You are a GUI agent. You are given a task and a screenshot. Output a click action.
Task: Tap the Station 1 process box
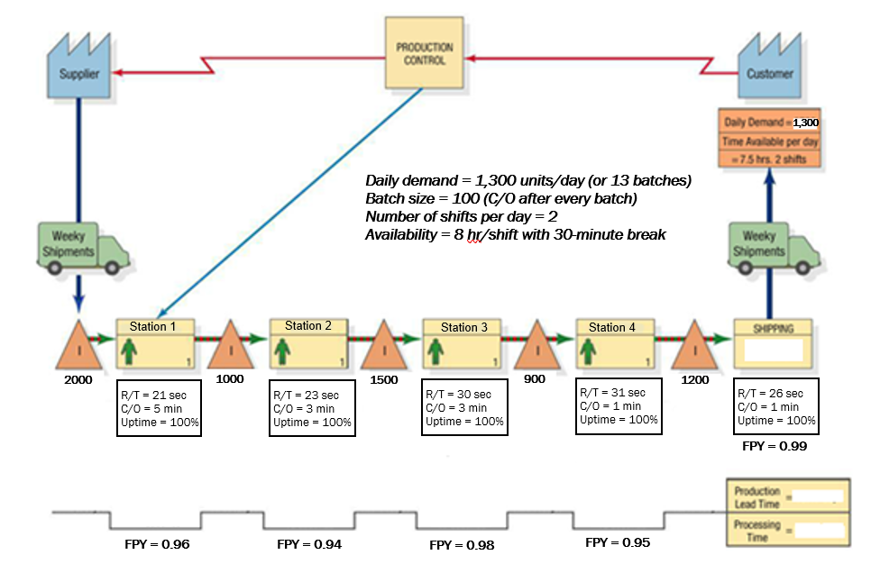pyautogui.click(x=155, y=343)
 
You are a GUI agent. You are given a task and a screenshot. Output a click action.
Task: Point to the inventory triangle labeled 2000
pyautogui.click(x=79, y=343)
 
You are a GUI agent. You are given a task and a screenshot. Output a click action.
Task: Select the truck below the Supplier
pyautogui.click(x=78, y=247)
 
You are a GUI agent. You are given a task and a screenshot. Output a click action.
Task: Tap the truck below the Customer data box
pyautogui.click(x=769, y=247)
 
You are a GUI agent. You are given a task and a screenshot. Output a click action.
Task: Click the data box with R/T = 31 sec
pyautogui.click(x=618, y=406)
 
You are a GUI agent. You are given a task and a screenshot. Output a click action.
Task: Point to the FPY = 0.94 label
pyautogui.click(x=309, y=544)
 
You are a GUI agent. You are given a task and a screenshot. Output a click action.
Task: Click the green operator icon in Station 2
pyautogui.click(x=285, y=349)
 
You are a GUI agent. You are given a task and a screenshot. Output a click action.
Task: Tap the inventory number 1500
pyautogui.click(x=383, y=379)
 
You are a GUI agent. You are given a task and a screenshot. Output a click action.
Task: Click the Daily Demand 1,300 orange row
pyautogui.click(x=769, y=122)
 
